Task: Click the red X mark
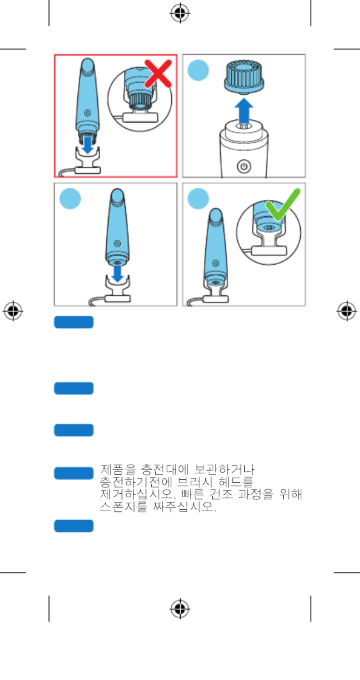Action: click(x=158, y=74)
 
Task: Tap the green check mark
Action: click(x=283, y=204)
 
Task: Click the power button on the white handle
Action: click(x=244, y=166)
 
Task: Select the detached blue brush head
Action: click(x=244, y=75)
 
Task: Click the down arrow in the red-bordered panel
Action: click(x=88, y=144)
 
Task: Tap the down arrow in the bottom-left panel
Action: click(x=117, y=273)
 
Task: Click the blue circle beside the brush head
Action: click(x=198, y=70)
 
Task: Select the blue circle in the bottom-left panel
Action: click(x=70, y=199)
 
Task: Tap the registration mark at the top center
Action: click(x=180, y=13)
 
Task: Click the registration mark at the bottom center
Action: click(x=180, y=609)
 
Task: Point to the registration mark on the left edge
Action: click(x=13, y=311)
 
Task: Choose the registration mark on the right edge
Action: click(x=347, y=311)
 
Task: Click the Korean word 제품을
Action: click(x=113, y=470)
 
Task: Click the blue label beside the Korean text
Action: click(x=74, y=473)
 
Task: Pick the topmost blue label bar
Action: click(x=74, y=322)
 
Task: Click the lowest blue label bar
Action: click(x=74, y=525)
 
